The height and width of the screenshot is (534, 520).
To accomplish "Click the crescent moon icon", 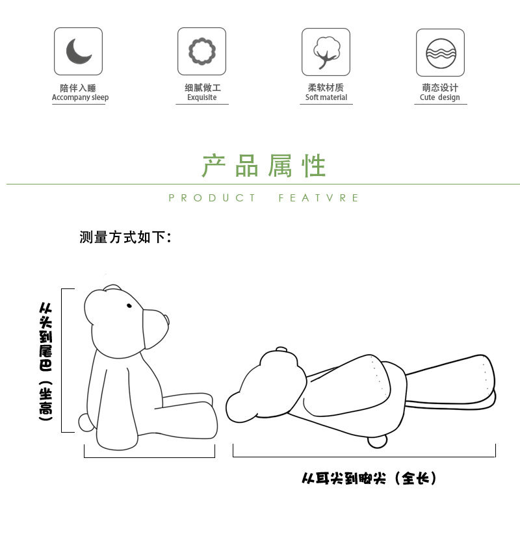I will (x=78, y=51).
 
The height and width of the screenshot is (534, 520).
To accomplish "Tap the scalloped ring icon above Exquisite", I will (x=201, y=51).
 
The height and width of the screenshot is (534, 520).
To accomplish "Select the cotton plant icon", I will (x=326, y=52).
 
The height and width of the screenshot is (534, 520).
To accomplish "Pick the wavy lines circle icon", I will (x=440, y=52).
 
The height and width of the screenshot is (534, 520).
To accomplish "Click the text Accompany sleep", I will (x=80, y=98).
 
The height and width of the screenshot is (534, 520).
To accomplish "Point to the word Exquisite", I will (x=201, y=98).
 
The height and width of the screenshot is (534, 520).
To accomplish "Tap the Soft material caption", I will (x=326, y=98).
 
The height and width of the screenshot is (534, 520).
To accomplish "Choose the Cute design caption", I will (x=439, y=98).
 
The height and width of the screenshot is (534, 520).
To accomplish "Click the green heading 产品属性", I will (x=263, y=166).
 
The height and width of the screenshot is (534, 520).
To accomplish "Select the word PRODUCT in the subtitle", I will (x=212, y=198).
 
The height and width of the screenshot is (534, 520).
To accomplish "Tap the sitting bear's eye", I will (x=129, y=305).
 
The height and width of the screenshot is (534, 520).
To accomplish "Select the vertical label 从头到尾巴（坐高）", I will (x=45, y=361).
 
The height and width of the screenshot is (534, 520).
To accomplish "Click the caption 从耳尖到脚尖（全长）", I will (x=369, y=479).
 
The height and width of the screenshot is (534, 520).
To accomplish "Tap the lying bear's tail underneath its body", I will (x=377, y=441).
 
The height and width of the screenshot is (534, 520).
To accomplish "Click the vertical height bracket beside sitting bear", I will (x=62, y=361).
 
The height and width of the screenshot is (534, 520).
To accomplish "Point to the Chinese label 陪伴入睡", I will (x=78, y=88).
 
